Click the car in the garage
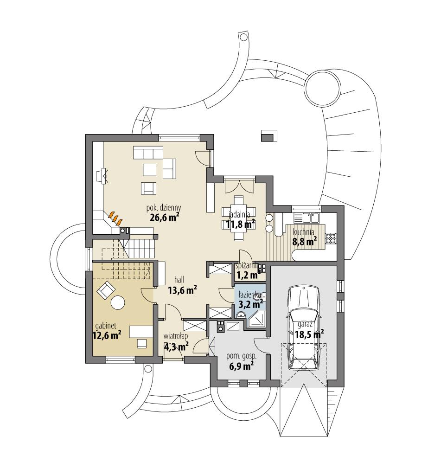303,327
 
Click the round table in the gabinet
118,302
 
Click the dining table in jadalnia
238,218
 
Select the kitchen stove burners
331,238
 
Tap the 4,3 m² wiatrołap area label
176,346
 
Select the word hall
180,280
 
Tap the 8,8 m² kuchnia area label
304,241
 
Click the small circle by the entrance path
148,370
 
